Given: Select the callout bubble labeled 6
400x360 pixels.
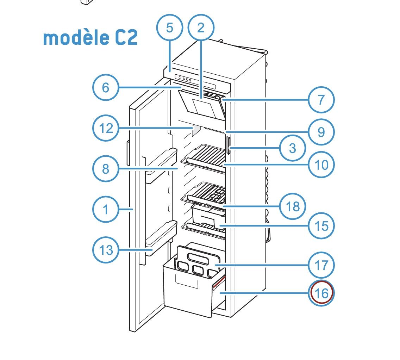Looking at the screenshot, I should click(x=106, y=87).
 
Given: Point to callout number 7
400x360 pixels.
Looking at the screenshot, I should click(x=321, y=100).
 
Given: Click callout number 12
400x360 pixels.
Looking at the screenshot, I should click(x=106, y=128).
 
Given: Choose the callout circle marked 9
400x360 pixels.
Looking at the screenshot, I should click(x=321, y=132).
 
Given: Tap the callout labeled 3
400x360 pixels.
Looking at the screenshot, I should click(x=293, y=148).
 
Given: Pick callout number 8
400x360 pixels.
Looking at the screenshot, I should click(x=106, y=169).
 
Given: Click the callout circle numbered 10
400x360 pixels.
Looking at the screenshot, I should click(x=321, y=165).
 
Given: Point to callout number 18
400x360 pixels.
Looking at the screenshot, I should click(x=293, y=206).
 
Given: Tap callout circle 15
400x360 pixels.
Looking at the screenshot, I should click(x=321, y=226).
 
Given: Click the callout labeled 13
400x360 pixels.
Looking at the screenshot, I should click(x=106, y=250).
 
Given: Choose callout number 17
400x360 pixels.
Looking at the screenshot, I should click(x=321, y=265).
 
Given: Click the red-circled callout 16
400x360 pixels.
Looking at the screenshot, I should click(x=321, y=293).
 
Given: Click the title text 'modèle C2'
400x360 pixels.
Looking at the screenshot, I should click(x=90, y=38).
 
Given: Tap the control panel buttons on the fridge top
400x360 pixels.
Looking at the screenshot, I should click(x=184, y=79).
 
